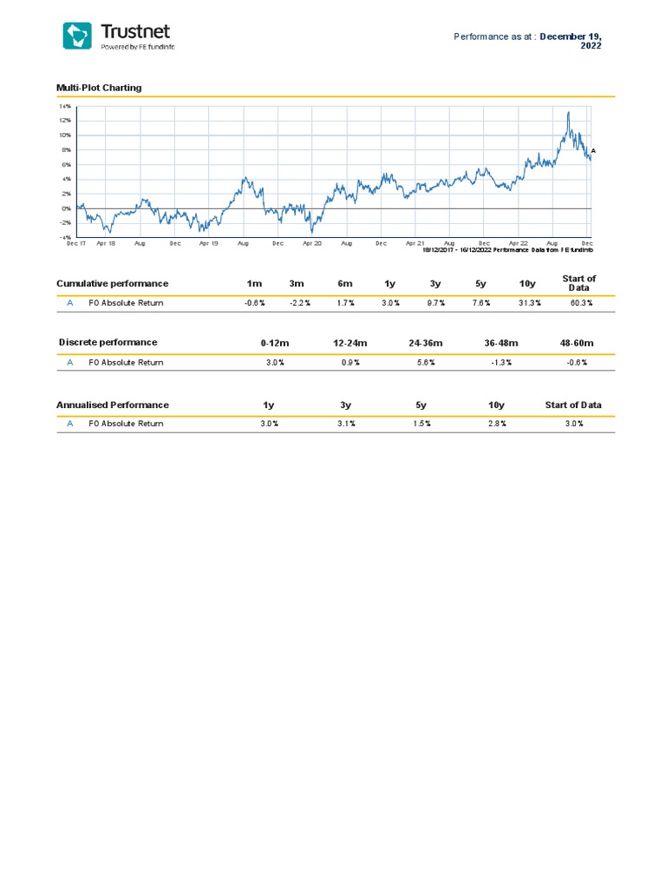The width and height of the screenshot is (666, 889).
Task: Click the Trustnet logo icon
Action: coord(76,36)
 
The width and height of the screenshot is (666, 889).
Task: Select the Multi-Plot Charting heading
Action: coord(98,88)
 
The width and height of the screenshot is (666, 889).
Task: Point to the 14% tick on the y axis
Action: coord(65,106)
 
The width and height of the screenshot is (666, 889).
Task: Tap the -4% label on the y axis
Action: coord(65,236)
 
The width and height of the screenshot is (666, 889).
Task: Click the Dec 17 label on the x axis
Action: coord(76,244)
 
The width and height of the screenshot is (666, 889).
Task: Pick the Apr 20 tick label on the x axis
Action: coord(312,244)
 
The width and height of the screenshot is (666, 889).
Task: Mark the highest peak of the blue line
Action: coord(568,112)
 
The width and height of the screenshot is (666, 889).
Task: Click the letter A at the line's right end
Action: coord(594,151)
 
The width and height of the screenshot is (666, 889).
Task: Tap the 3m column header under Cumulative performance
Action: coord(297,284)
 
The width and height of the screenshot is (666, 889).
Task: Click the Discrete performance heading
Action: coord(108,342)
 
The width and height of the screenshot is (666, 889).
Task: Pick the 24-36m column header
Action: coord(427,343)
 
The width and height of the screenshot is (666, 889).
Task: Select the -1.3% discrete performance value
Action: coord(501,363)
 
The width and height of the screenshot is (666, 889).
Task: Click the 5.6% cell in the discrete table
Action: coord(426,363)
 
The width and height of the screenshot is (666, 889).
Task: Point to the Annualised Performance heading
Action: coord(112,405)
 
